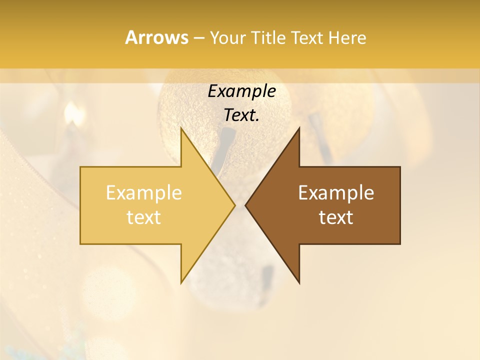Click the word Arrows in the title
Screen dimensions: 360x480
coord(156,37)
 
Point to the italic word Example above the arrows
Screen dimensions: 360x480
coord(241,91)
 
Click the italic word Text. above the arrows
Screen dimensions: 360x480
coord(241,115)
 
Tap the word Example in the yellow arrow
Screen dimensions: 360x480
coord(143,192)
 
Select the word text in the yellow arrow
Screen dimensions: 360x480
coord(143,217)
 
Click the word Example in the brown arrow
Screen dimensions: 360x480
coord(336,192)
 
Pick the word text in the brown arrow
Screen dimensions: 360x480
coord(336,217)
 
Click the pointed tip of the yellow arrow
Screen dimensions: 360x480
coord(234,205)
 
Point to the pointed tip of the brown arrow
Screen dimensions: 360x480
coord(246,205)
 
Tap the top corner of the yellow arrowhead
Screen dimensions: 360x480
coord(181,128)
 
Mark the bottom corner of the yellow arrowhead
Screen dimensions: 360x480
coord(181,282)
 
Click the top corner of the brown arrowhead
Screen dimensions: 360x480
coord(299,128)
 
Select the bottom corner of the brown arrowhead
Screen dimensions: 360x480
coord(299,282)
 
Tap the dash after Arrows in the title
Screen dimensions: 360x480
coord(198,38)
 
